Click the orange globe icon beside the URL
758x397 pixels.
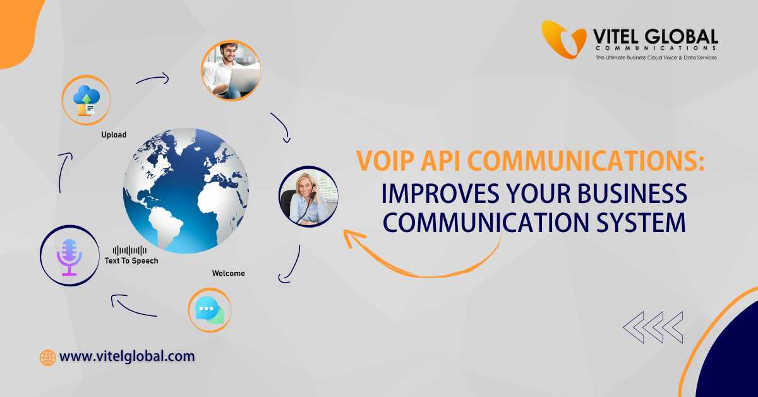click(x=48, y=357)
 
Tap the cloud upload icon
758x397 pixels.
click(x=86, y=101)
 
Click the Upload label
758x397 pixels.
click(x=114, y=135)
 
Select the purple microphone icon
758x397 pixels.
click(x=69, y=257)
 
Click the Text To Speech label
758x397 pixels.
click(x=132, y=260)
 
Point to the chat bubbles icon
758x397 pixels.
click(x=210, y=310)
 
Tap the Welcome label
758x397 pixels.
click(x=228, y=273)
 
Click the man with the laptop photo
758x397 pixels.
click(x=231, y=71)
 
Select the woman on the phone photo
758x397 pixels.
click(x=309, y=197)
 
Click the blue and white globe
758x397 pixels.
click(x=186, y=190)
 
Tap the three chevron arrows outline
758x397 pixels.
click(x=653, y=326)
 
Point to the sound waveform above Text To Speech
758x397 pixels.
click(x=129, y=251)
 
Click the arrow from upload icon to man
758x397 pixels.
click(x=152, y=79)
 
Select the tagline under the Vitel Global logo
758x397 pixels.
click(x=656, y=58)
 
